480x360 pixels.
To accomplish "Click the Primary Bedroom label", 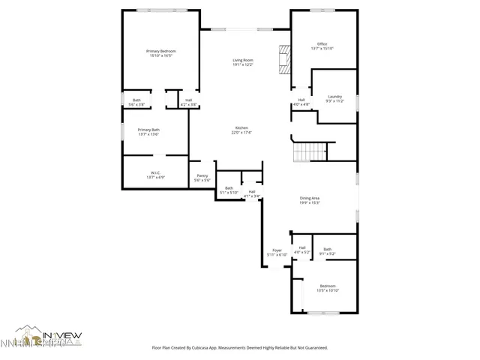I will [x=160, y=51].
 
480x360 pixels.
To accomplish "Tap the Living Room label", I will [x=242, y=60].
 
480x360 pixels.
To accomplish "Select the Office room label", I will [x=322, y=44].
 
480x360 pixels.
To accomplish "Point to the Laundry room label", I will [x=334, y=96].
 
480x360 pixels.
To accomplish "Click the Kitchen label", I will [x=242, y=128].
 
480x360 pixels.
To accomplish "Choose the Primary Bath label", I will [x=148, y=130].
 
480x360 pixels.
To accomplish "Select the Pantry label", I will [x=202, y=176].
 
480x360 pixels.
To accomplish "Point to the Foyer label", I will [x=277, y=250].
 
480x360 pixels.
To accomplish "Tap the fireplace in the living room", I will [x=283, y=59].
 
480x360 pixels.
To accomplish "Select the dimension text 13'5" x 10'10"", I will [x=328, y=290].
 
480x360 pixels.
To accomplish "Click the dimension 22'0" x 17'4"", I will [x=242, y=133].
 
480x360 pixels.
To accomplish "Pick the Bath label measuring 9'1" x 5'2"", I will [x=328, y=249].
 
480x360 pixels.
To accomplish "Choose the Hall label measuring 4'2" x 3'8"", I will [x=189, y=100].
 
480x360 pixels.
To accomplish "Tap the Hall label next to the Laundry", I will [x=301, y=100].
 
